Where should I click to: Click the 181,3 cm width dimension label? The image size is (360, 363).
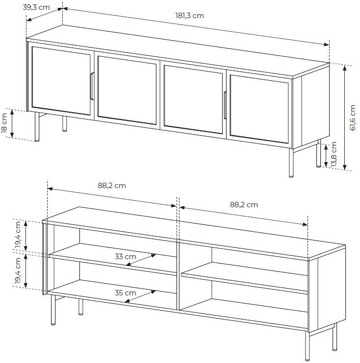tap(189, 16)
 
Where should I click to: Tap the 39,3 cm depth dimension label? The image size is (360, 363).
tap(36, 7)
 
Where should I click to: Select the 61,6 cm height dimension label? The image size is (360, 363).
tap(352, 118)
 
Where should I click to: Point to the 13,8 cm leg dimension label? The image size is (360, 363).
tap(334, 155)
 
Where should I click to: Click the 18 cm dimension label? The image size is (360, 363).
tap(4, 126)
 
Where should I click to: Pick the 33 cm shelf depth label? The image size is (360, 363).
tap(126, 257)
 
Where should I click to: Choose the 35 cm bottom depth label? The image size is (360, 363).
tap(126, 293)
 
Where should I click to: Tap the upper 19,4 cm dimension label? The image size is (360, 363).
tap(18, 235)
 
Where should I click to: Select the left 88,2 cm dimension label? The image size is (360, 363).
tap(112, 186)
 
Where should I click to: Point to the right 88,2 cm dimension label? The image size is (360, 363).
tap(244, 205)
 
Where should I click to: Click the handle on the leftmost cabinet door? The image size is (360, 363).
tap(92, 86)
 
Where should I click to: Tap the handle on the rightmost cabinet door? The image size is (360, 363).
tap(225, 105)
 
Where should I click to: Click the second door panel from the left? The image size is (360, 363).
tap(127, 90)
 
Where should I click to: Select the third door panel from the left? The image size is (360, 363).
tap(193, 99)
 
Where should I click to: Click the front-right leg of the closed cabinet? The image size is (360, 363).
tap(291, 163)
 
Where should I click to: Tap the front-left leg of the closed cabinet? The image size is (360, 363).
tap(37, 126)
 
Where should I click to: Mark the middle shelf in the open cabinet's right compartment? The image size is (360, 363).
tap(245, 278)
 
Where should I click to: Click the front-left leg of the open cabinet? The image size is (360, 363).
tap(53, 310)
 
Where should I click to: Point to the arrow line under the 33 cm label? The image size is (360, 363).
tap(141, 260)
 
